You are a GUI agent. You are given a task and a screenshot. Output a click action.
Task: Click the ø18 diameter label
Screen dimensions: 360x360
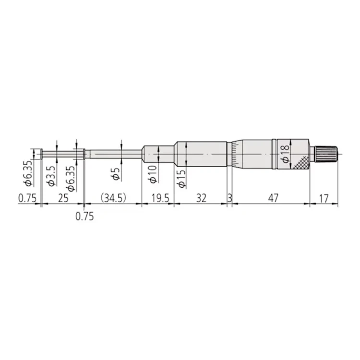point(285,154)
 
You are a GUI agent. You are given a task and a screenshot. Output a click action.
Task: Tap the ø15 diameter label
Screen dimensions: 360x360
point(181,179)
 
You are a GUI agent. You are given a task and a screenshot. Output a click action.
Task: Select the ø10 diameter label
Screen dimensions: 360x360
point(153,174)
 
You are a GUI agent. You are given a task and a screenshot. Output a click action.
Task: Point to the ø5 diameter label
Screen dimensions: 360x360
point(116,174)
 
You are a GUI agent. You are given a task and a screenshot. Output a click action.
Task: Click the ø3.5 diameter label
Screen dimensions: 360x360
point(51,176)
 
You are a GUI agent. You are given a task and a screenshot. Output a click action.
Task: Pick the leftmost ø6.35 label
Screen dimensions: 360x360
point(28,173)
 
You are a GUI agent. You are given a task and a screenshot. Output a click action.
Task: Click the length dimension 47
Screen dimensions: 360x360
point(273,198)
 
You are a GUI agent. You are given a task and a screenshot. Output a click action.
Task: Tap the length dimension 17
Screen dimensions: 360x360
point(324,199)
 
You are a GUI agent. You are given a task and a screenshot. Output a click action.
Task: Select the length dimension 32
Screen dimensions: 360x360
point(201,198)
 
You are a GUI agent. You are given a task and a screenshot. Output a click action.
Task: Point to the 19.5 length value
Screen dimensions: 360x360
point(160,198)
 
